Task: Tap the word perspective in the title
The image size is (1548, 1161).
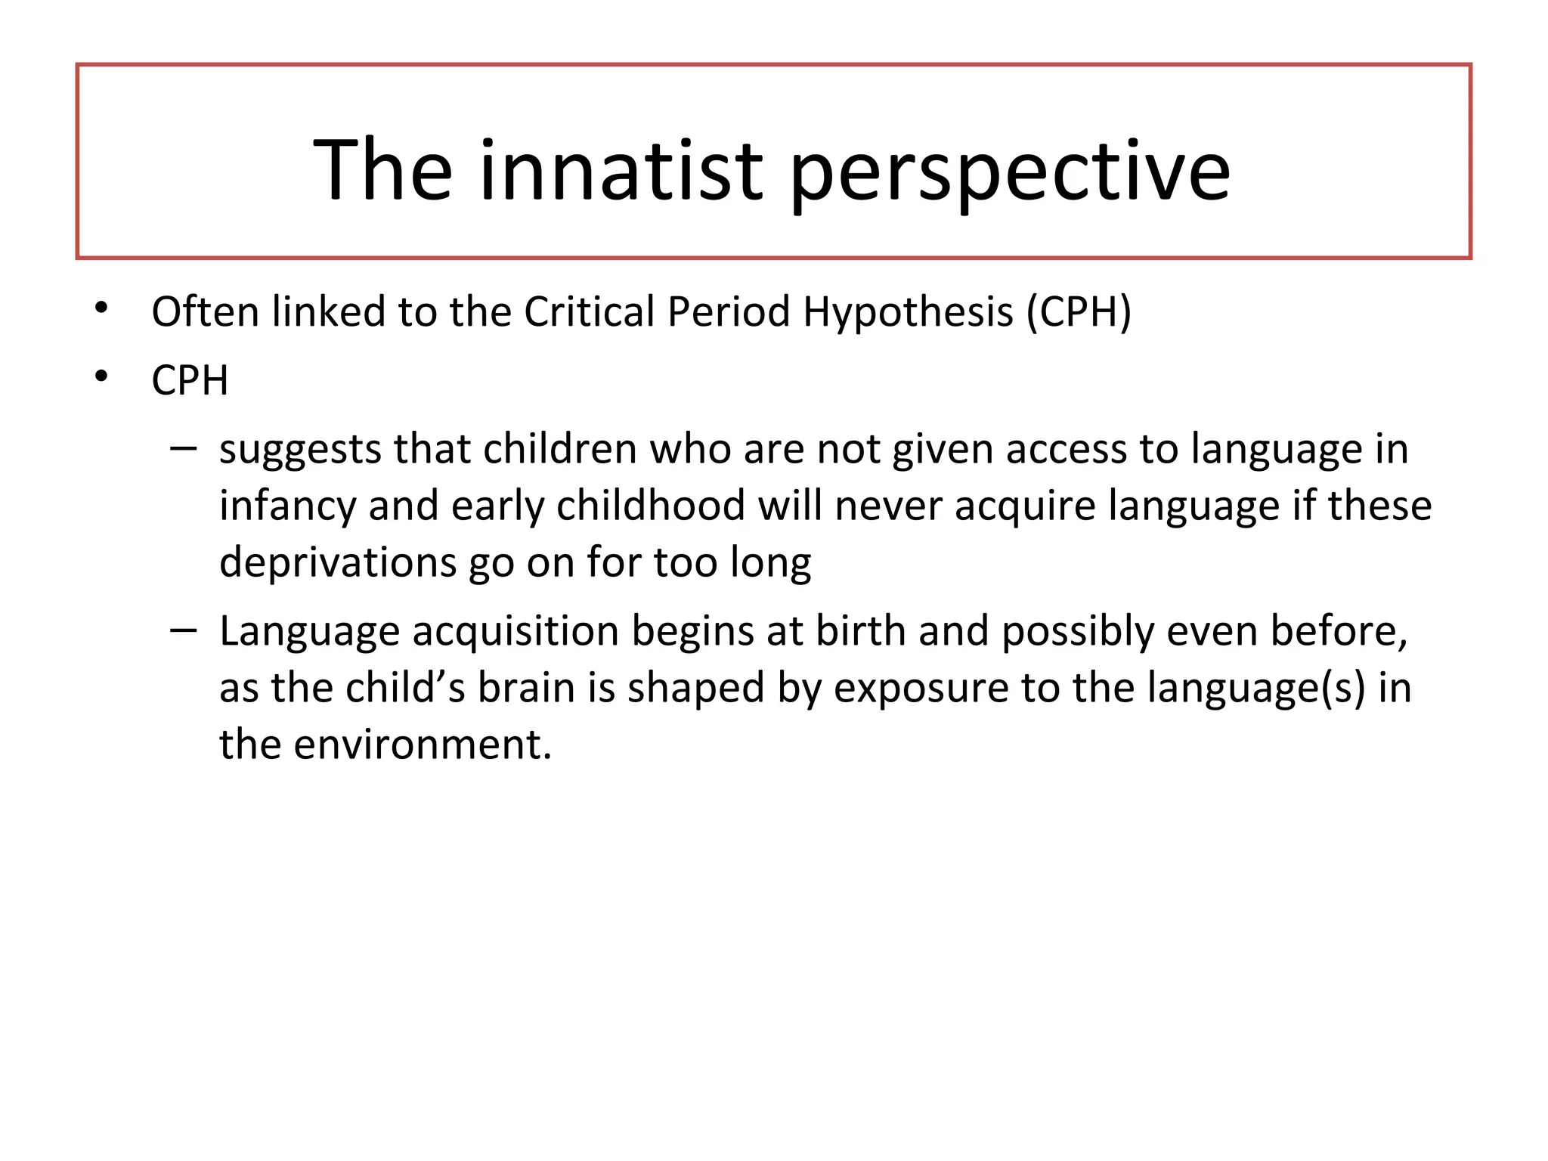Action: tap(1010, 174)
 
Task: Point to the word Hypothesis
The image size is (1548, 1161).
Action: tap(907, 313)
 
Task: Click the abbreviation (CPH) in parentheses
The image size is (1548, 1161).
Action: tap(1079, 312)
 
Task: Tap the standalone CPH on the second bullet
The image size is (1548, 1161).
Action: tap(190, 380)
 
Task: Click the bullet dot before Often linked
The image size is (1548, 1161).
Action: tap(102, 308)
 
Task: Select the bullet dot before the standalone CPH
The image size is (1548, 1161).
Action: tap(102, 376)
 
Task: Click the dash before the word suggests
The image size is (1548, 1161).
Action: tap(183, 448)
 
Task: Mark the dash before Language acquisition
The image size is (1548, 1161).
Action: tap(183, 630)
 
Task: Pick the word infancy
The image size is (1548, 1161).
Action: tap(287, 507)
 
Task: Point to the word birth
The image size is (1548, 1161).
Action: tap(861, 630)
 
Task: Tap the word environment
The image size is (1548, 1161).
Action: tap(423, 745)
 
